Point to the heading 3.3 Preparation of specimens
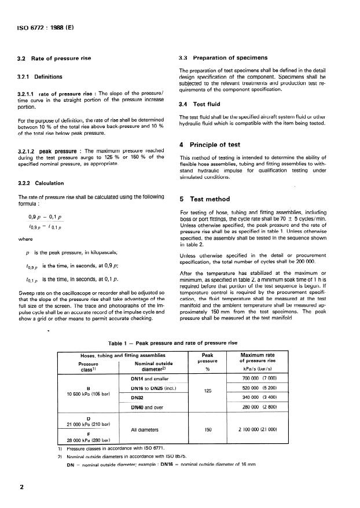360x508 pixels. (x=222, y=58)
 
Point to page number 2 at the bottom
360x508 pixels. (x=23, y=487)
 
